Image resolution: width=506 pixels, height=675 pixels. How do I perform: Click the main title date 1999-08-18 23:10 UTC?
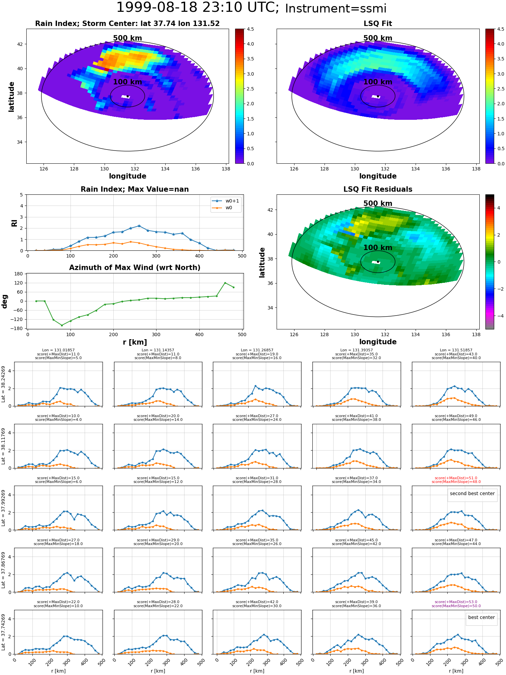[x=197, y=8]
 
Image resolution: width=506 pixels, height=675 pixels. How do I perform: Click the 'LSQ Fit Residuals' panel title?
[x=378, y=189]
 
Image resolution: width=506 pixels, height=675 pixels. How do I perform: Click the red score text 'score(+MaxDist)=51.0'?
[x=456, y=478]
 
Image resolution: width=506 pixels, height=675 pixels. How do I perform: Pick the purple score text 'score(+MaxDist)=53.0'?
[x=456, y=602]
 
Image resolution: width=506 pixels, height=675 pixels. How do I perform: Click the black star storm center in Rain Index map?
[x=128, y=97]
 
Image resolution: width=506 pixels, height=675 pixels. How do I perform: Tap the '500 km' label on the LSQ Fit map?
[x=378, y=38]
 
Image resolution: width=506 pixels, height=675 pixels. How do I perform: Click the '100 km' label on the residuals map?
[x=378, y=248]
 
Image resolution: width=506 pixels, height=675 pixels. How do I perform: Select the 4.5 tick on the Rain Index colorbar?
[x=250, y=29]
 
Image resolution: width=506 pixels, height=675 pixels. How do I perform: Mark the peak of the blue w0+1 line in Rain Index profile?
[x=139, y=226]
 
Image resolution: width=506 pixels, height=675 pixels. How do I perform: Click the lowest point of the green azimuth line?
[x=62, y=325]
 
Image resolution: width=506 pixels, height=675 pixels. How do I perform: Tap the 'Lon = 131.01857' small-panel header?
[x=58, y=350]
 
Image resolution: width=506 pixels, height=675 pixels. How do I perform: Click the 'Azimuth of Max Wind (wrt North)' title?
[x=135, y=268]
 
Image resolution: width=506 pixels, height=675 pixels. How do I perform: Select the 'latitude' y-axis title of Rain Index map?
[x=11, y=97]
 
